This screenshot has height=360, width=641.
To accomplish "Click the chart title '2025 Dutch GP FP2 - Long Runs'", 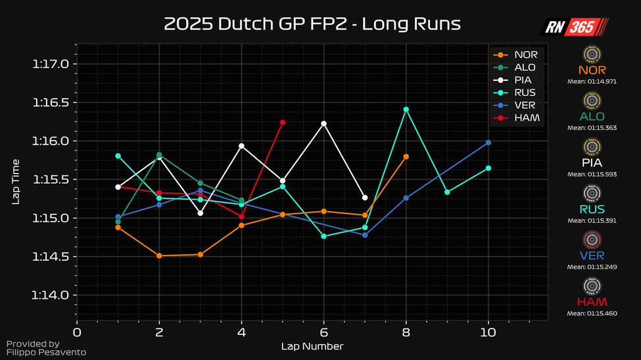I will click(312, 24).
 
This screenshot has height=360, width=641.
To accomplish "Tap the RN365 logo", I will click(574, 27).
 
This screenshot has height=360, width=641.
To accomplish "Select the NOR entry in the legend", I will click(525, 55).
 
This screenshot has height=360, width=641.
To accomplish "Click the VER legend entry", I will click(525, 105).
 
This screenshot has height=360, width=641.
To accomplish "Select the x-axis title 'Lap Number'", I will click(312, 346).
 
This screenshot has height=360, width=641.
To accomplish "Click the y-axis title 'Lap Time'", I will click(16, 181).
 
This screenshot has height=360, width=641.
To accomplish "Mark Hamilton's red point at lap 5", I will click(283, 122).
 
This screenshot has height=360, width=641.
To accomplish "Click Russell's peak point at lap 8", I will click(406, 109).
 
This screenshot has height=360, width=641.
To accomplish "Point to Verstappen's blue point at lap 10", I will click(488, 143).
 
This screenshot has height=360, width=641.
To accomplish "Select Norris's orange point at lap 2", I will click(159, 256).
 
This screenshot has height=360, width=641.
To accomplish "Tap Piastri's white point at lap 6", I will click(323, 124).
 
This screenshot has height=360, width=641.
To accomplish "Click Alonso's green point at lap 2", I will click(159, 154).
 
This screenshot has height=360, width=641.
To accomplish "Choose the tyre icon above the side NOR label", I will click(593, 54).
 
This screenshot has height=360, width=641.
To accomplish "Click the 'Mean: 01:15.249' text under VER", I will click(593, 267).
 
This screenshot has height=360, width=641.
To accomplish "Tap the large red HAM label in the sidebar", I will click(593, 302).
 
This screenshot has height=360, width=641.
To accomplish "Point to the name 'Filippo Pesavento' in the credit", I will click(46, 353).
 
